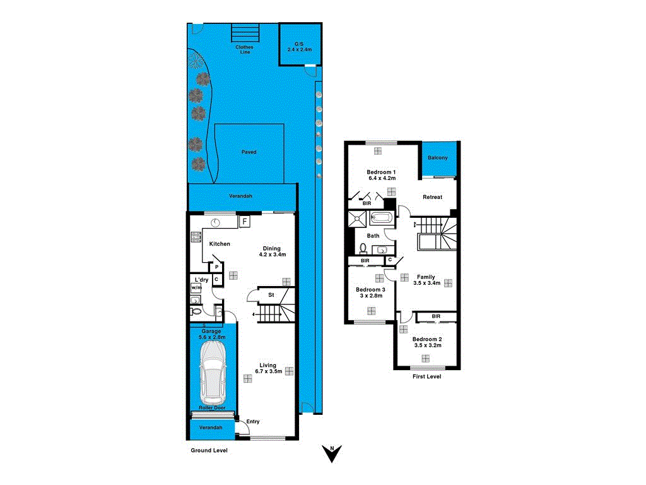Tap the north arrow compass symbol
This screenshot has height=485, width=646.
pyautogui.click(x=331, y=453)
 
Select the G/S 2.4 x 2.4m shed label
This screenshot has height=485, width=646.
pyautogui.click(x=300, y=46)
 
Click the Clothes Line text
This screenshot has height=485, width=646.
pyautogui.click(x=244, y=49)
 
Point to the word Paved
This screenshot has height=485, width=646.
pyautogui.click(x=249, y=152)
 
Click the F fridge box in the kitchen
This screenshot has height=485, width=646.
pyautogui.click(x=244, y=222)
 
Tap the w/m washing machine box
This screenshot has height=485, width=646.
pyautogui.click(x=196, y=288)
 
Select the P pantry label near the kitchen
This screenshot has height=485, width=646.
pyautogui.click(x=216, y=267)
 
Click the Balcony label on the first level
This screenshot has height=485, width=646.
pyautogui.click(x=438, y=157)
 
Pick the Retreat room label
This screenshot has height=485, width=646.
pyautogui.click(x=432, y=197)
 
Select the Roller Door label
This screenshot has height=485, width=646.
pyautogui.click(x=213, y=408)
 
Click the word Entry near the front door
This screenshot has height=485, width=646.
pyautogui.click(x=252, y=422)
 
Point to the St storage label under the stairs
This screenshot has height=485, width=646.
pyautogui.click(x=271, y=295)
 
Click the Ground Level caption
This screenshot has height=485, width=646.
pyautogui.click(x=209, y=451)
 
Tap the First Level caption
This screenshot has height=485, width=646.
pyautogui.click(x=426, y=376)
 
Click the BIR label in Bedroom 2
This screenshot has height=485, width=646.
pyautogui.click(x=436, y=316)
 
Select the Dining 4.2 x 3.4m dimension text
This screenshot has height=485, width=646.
pyautogui.click(x=273, y=255)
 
